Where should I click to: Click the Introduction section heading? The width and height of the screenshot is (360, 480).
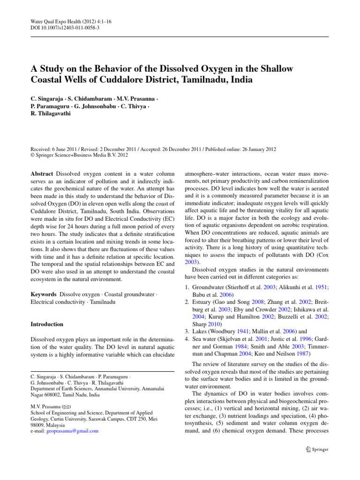click(46, 324)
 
